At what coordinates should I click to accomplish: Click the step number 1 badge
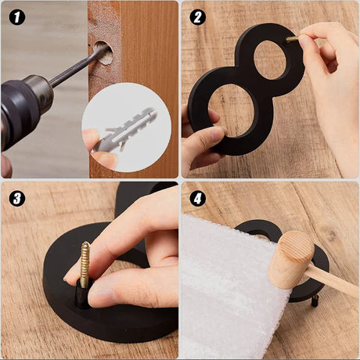[x=17, y=17]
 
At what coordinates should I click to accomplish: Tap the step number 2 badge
[x=197, y=17]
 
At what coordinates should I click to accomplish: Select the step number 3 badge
[x=17, y=199]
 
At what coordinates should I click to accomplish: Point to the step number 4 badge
[x=197, y=199]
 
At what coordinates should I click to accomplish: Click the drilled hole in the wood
[x=103, y=52]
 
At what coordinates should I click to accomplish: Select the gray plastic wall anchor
[x=125, y=129]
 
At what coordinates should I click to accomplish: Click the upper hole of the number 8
[x=270, y=59]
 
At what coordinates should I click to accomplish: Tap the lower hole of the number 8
[x=232, y=110]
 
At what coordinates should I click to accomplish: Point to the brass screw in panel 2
[x=293, y=39]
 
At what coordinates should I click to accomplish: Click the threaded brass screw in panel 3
[x=85, y=264]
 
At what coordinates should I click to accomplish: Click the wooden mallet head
[x=291, y=259]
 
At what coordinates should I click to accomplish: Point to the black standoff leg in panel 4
[x=315, y=301]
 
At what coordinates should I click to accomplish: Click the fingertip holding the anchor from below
[x=104, y=159]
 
